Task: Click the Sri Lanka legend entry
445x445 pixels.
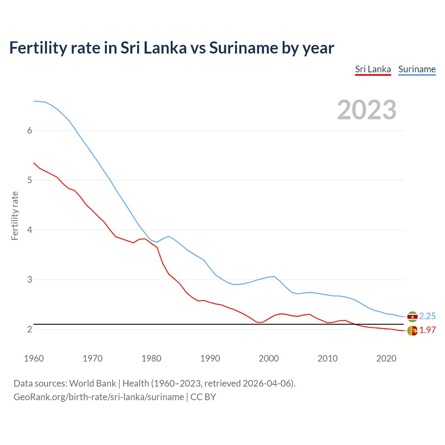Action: click(x=373, y=69)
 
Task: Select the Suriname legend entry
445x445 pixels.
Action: click(x=417, y=69)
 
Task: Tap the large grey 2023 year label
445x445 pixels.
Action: click(x=367, y=110)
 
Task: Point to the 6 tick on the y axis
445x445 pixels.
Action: click(x=30, y=130)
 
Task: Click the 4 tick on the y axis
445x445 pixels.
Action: click(x=30, y=230)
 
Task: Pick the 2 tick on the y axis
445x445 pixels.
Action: click(x=30, y=329)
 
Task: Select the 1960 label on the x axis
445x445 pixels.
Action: click(x=34, y=358)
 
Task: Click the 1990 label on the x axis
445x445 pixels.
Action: click(x=210, y=358)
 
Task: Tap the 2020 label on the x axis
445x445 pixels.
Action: click(x=386, y=358)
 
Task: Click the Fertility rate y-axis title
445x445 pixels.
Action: click(x=15, y=216)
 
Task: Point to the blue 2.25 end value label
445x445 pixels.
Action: click(x=427, y=316)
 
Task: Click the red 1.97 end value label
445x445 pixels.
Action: click(x=427, y=330)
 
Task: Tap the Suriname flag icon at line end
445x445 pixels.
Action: click(x=412, y=316)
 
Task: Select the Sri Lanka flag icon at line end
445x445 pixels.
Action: click(x=412, y=331)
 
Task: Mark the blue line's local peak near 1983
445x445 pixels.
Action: click(x=169, y=236)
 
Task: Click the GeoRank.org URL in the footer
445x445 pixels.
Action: click(x=98, y=397)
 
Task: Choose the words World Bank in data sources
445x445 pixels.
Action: click(x=92, y=383)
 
